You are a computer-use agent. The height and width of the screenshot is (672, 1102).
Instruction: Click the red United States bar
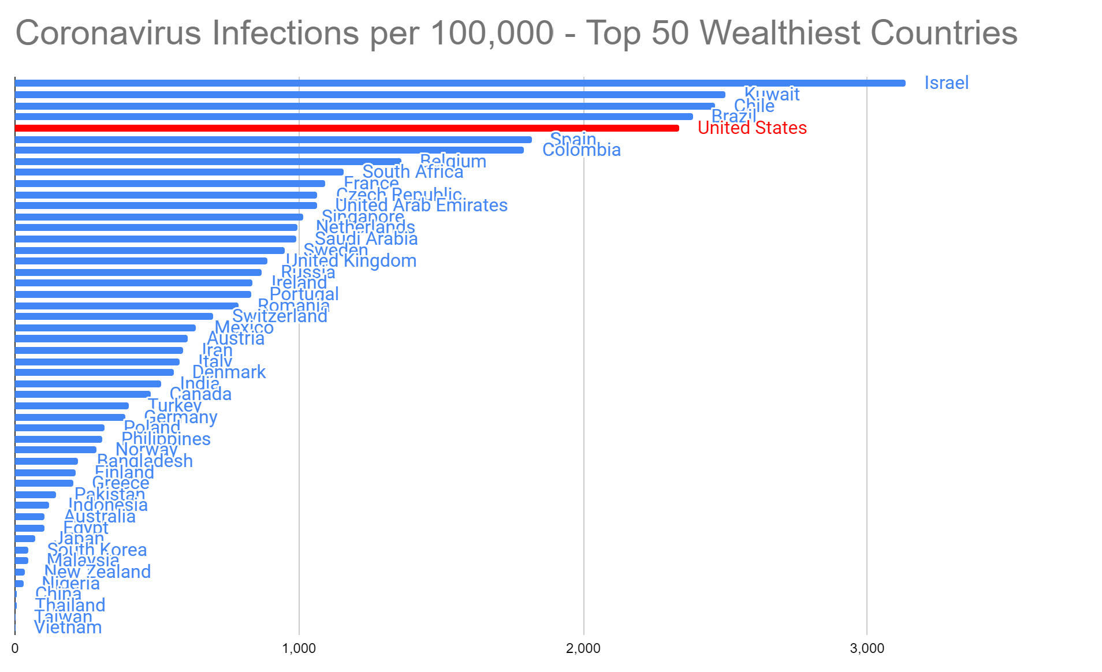coord(347,128)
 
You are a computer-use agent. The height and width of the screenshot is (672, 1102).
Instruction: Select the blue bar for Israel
coord(460,83)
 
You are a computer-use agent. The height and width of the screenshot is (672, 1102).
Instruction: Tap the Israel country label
coord(946,83)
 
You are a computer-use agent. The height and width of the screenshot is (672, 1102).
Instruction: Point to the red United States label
coord(752,128)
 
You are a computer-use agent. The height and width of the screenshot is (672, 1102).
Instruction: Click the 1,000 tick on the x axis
coord(299,648)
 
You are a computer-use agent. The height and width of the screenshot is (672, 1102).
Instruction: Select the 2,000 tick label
coord(583,648)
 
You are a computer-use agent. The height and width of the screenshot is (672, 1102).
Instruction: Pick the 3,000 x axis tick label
coord(867,648)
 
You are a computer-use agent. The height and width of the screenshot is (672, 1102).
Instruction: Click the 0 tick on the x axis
coord(15,648)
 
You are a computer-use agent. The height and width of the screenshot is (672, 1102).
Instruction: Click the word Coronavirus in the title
coord(109,33)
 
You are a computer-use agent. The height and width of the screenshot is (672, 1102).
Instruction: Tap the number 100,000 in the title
coord(492,33)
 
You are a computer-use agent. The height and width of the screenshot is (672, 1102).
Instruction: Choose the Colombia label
coord(582,150)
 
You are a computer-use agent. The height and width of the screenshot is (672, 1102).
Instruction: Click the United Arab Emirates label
coord(422,206)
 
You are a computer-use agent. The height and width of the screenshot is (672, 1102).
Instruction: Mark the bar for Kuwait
coord(370,95)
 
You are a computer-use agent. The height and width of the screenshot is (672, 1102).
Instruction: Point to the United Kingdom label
coord(351,261)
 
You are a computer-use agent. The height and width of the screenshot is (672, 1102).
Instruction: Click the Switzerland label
coord(280,316)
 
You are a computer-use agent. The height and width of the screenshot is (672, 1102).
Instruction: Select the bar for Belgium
coord(208,162)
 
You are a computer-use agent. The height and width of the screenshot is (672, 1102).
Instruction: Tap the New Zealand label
coord(98,572)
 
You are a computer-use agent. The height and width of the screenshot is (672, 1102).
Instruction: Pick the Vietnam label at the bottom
coord(68,628)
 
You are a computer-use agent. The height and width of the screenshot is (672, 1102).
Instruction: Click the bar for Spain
coord(273,140)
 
